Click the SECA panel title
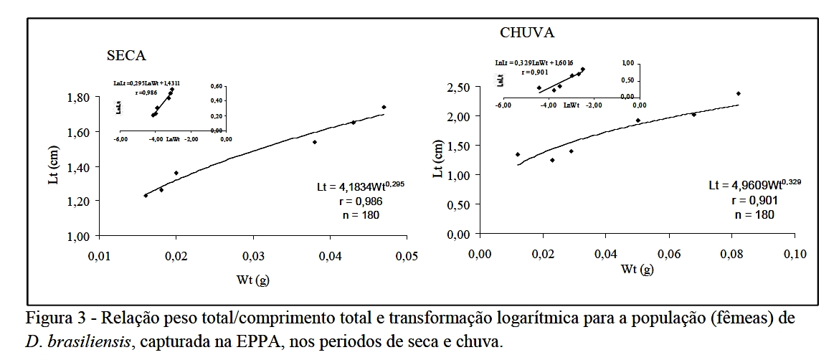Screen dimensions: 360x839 (126, 57)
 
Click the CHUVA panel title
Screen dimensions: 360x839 (527, 33)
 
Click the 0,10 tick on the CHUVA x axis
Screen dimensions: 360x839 (795, 254)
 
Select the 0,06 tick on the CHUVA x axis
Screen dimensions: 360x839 (668, 254)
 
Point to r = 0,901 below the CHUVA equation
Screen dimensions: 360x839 (754, 200)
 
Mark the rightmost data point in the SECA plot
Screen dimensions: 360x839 (384, 108)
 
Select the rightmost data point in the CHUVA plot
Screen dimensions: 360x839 (738, 94)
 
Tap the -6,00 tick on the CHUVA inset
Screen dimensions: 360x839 (503, 105)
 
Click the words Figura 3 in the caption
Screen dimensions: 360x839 (52, 318)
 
